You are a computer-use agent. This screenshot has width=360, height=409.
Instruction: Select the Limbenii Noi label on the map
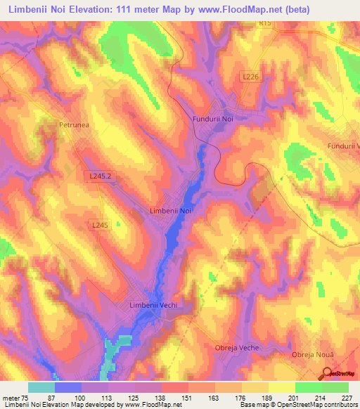(171, 210)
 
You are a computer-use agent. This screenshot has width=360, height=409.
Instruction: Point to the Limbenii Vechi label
(153, 305)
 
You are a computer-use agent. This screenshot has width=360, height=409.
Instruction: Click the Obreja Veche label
(236, 348)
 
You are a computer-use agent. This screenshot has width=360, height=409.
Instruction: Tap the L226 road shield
(252, 77)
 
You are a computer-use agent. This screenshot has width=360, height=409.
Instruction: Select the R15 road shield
(264, 23)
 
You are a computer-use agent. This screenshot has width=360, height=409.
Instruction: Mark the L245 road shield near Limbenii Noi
(100, 225)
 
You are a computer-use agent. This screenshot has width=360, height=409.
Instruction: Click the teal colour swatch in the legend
(41, 387)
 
